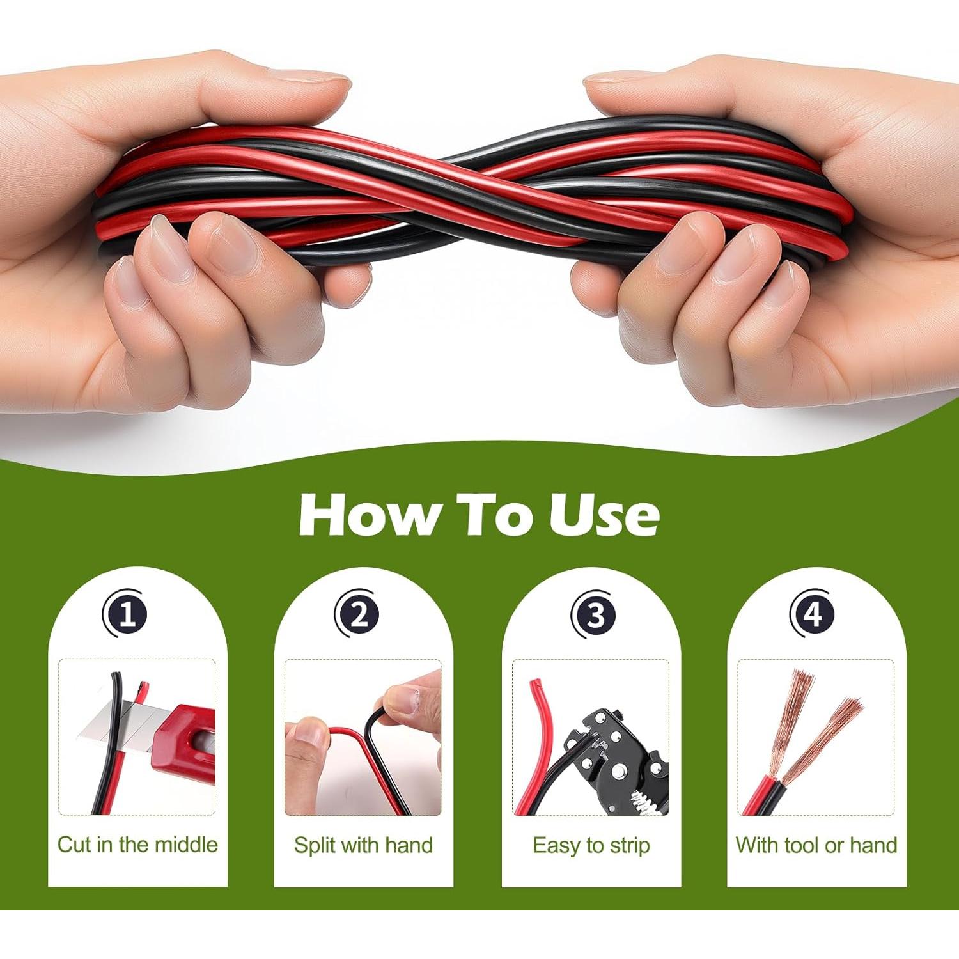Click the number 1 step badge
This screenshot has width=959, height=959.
coord(127,614)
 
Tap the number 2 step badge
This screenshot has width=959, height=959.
coord(359,614)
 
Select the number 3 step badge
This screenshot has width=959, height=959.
coord(594,614)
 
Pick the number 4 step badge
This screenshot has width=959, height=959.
coord(813,614)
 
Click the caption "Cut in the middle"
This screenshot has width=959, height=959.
coord(137,845)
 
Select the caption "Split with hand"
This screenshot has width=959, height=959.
coord(363,845)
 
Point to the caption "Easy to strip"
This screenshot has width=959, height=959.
coord(591,845)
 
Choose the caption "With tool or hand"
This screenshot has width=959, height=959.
coord(816,845)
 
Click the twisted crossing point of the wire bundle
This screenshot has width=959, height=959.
coord(460,192)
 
